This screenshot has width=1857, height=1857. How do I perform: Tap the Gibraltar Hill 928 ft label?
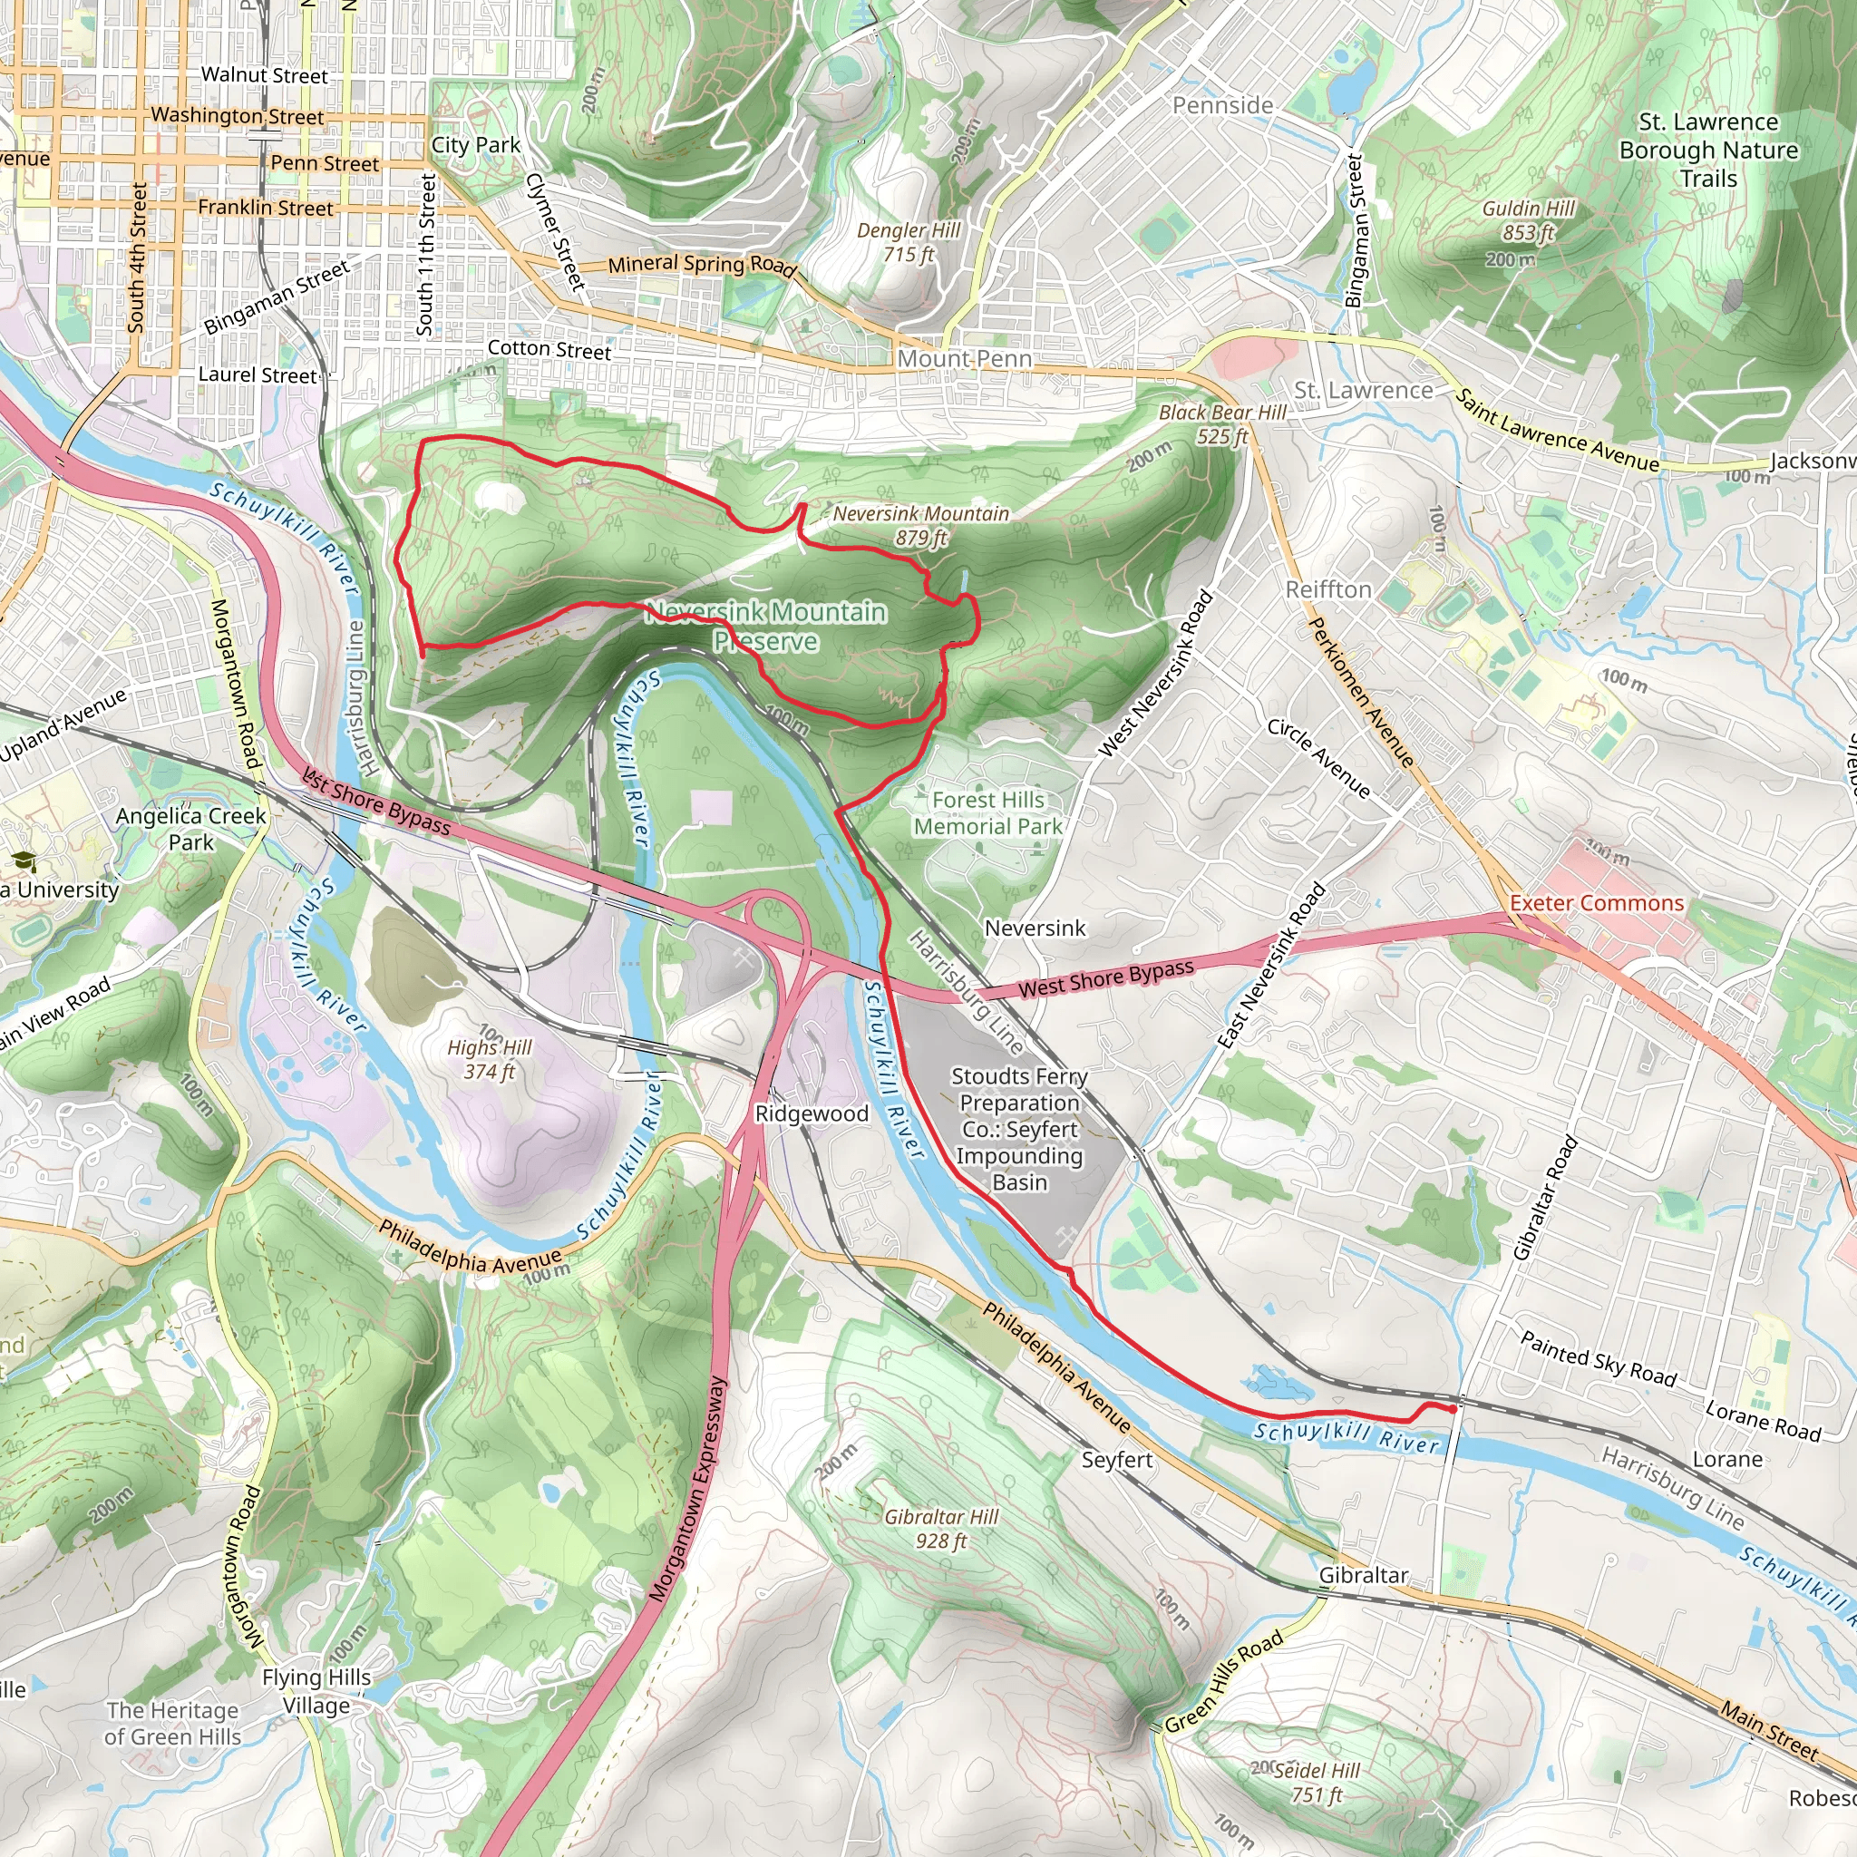(941, 1528)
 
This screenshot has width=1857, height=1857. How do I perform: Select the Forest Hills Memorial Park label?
(988, 813)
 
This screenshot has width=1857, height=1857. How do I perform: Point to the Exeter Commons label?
(1597, 903)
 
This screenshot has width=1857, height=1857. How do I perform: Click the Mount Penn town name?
(964, 358)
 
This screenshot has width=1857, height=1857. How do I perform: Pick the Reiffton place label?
(1328, 589)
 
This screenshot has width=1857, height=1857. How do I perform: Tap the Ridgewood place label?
(812, 1114)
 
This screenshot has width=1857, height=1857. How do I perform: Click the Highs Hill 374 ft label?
(490, 1059)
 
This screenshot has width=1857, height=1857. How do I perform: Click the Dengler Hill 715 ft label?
(909, 242)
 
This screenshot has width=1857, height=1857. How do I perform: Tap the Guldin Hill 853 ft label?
(1528, 221)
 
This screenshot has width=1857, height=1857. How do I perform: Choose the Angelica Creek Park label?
(190, 829)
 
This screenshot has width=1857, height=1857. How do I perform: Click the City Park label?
(475, 145)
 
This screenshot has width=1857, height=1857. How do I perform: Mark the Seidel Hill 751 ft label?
(1316, 1783)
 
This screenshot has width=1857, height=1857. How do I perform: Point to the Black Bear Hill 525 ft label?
(1221, 423)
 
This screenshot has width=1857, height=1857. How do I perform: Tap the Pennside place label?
(1221, 105)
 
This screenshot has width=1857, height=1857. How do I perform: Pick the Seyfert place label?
(1116, 1460)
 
